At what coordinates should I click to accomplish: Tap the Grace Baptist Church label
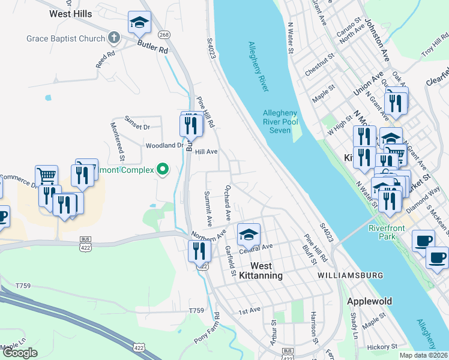(x=66, y=38)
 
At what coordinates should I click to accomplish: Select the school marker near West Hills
(x=139, y=23)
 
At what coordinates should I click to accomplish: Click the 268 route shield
(x=164, y=34)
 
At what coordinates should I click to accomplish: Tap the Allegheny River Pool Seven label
(x=280, y=122)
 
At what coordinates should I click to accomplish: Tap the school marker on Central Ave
(x=248, y=235)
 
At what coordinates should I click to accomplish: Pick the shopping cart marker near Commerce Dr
(x=46, y=176)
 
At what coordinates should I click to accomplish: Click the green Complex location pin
(x=163, y=170)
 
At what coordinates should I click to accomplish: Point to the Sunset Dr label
(x=137, y=127)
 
